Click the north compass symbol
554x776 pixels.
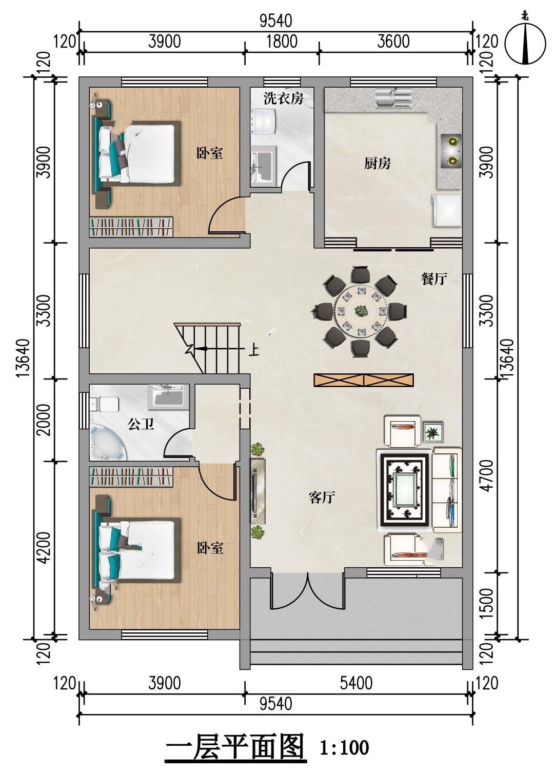click(525, 43)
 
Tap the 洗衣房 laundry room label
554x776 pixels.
click(283, 98)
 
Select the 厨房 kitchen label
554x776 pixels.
click(378, 163)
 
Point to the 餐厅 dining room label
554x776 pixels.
click(434, 278)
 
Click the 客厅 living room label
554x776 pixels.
click(322, 498)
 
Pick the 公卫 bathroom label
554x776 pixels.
click(141, 424)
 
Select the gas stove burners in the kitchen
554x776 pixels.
click(451, 151)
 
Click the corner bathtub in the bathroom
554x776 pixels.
click(108, 443)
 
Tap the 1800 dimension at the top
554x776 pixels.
click(282, 42)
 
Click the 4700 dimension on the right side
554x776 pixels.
click(487, 475)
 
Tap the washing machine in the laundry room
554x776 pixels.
click(263, 121)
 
